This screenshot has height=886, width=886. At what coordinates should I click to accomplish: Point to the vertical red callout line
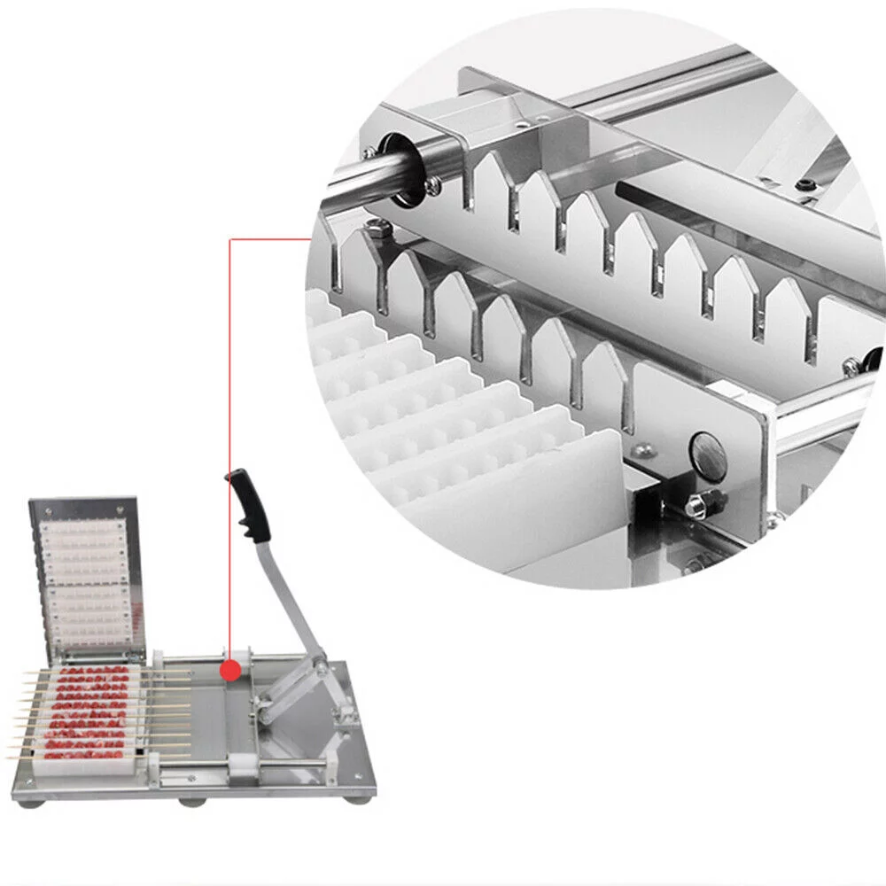click(x=229, y=443)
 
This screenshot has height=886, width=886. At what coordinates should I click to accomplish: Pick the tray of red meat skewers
click(x=89, y=713)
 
